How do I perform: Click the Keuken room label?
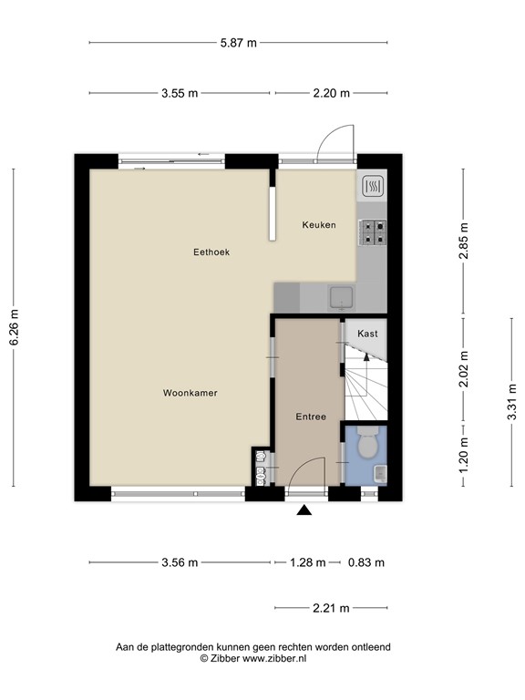pyautogui.click(x=319, y=225)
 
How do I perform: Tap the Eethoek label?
pyautogui.click(x=211, y=252)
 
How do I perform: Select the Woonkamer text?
pyautogui.click(x=190, y=394)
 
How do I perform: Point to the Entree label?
pyautogui.click(x=311, y=417)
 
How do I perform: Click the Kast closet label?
pyautogui.click(x=367, y=334)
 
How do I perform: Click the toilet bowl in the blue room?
pyautogui.click(x=368, y=443)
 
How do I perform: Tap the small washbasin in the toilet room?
pyautogui.click(x=380, y=473)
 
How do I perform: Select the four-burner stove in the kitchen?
pyautogui.click(x=373, y=232)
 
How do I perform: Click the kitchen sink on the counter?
pyautogui.click(x=342, y=298)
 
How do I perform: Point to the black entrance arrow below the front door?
pyautogui.click(x=304, y=510)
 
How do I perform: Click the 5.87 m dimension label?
pyautogui.click(x=239, y=43)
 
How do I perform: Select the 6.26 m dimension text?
pyautogui.click(x=14, y=327)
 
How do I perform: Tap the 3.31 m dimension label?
pyautogui.click(x=511, y=402)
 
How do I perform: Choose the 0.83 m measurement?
pyautogui.click(x=366, y=562)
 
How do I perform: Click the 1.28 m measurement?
pyautogui.click(x=307, y=562)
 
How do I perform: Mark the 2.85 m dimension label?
pyautogui.click(x=464, y=241)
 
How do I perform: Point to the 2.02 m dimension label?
pyautogui.click(x=464, y=369)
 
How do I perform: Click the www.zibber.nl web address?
pyautogui.click(x=274, y=658)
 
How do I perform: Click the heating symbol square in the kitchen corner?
pyautogui.click(x=373, y=186)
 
